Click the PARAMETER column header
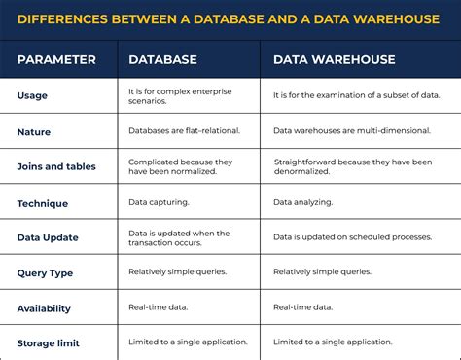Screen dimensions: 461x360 [x=56, y=59]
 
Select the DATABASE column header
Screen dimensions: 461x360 [x=162, y=59]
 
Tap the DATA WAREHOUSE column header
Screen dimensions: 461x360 [x=334, y=59]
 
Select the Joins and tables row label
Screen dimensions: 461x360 [x=56, y=166]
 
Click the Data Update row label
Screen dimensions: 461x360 [x=48, y=237]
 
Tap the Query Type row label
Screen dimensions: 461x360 [x=45, y=273]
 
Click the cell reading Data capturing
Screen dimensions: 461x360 [x=159, y=202]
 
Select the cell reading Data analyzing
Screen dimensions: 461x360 [x=302, y=202]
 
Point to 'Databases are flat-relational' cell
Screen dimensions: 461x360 [x=182, y=129]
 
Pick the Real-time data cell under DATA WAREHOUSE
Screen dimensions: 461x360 [x=301, y=307]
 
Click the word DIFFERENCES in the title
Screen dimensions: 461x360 [x=65, y=18]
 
